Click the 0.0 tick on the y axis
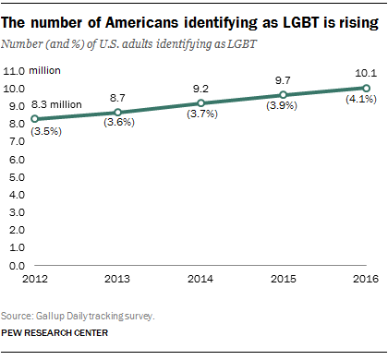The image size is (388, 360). pyautogui.click(x=16, y=266)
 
